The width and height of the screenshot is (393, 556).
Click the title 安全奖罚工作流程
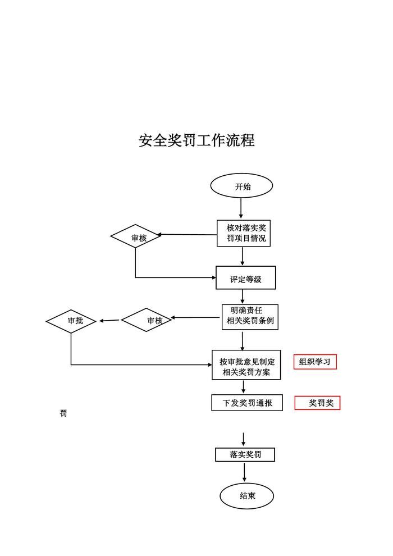tap(196, 140)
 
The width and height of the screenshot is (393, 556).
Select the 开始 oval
tap(241, 186)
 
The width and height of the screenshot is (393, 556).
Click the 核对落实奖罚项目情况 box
tap(243, 233)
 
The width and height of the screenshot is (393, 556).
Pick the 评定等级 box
tap(246, 278)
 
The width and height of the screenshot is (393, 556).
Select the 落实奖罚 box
tap(245, 455)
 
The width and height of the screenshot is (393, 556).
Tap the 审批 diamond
tap(71, 321)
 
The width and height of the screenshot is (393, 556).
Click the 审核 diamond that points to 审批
tap(147, 320)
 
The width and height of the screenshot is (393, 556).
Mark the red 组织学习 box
tap(315, 362)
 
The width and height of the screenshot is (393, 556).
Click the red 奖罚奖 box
tap(318, 403)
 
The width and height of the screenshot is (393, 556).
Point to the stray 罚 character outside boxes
tap(63, 414)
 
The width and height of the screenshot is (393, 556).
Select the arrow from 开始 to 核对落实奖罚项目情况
tap(241, 208)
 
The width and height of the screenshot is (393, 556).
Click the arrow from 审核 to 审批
tap(109, 321)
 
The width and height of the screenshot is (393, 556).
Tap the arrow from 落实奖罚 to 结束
tap(245, 472)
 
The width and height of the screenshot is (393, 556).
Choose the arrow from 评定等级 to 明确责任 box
tap(243, 296)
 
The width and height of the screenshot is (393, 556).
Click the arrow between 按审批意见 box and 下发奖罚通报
tap(244, 387)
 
